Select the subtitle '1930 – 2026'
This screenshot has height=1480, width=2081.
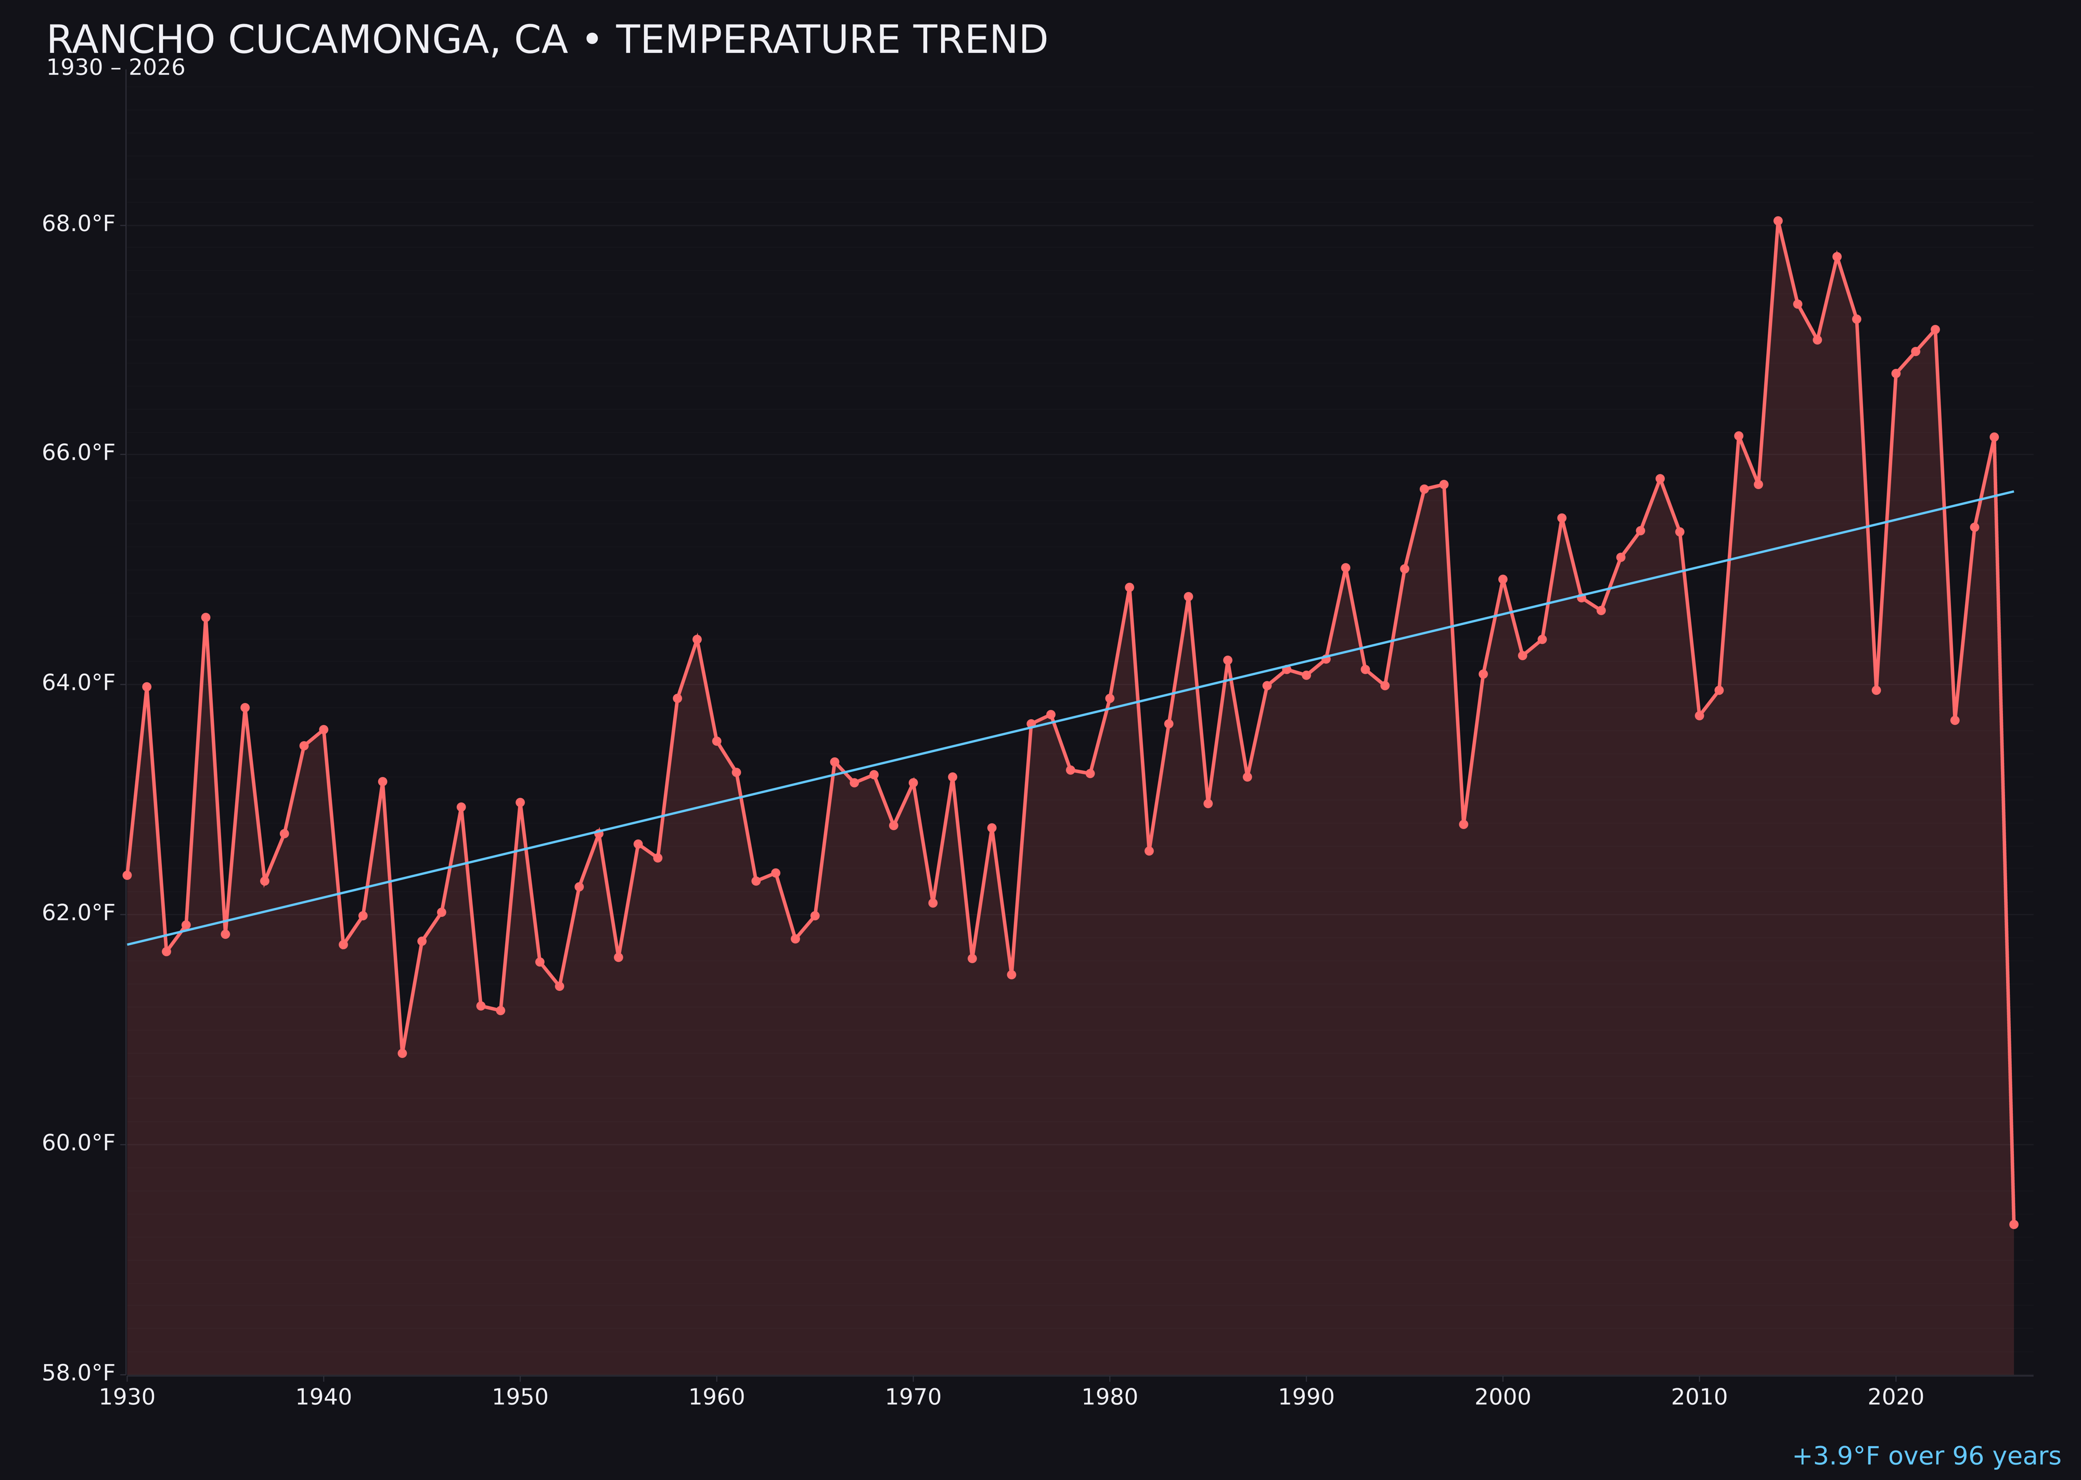pos(115,68)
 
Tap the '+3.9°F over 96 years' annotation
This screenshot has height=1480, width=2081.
pos(1925,1456)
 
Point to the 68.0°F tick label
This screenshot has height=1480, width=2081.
pos(79,224)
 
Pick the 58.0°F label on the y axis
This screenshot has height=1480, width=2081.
pos(79,1372)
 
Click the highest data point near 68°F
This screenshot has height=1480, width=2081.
pos(1778,221)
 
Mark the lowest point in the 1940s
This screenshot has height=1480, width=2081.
pos(402,1053)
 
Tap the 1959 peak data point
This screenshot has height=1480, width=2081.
pos(697,639)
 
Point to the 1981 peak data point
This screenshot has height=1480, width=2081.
pos(1129,587)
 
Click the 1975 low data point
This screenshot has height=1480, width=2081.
pos(1011,974)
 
